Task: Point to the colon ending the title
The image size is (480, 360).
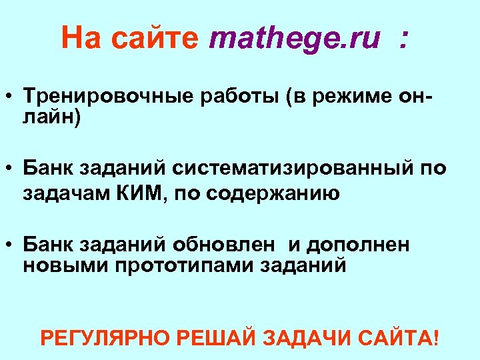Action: pos(401,40)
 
